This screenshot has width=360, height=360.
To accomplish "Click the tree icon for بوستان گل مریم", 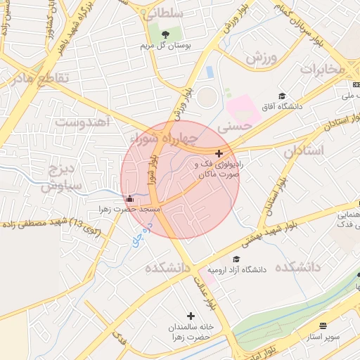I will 166,35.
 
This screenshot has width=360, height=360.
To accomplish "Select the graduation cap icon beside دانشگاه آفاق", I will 283,96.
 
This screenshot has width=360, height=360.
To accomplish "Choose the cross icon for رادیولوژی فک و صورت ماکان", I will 219,153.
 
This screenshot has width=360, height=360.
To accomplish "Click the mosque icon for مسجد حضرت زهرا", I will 129,198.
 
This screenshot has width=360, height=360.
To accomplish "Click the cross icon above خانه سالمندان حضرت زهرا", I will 191,316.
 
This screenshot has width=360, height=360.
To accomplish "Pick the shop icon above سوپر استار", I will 323,326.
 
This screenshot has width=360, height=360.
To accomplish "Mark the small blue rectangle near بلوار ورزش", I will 210,72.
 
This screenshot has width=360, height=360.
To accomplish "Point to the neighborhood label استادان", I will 305,150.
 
